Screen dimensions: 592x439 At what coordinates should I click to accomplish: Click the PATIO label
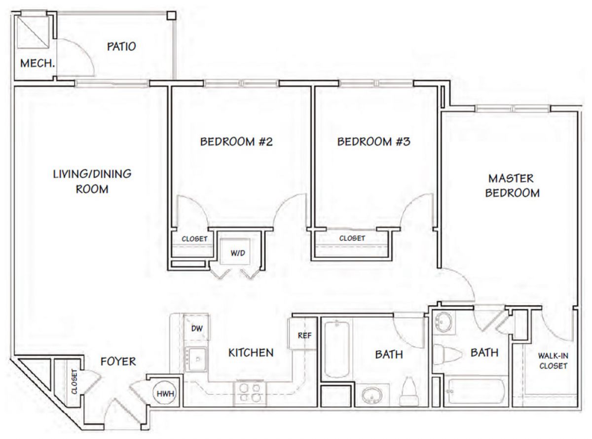point(121,47)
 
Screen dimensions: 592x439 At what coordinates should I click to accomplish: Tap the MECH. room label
point(37,64)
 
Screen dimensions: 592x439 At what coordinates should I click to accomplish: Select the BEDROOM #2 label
point(236,142)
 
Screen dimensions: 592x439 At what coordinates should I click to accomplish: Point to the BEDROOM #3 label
point(373,142)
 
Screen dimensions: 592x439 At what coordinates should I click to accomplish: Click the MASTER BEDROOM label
point(512,186)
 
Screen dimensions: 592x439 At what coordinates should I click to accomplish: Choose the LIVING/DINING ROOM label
point(92,182)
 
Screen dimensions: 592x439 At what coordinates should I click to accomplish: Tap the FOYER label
point(118,362)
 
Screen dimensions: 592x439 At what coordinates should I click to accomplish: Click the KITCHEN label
point(251,353)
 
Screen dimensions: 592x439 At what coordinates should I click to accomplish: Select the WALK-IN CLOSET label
point(553,361)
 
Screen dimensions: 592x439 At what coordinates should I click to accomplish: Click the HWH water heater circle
point(165,393)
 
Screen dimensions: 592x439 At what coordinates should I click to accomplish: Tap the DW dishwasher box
point(196,328)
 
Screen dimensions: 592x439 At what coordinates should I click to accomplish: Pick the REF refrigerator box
point(302,333)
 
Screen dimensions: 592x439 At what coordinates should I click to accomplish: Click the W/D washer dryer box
point(235,252)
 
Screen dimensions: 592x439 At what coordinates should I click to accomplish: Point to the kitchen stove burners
point(250,393)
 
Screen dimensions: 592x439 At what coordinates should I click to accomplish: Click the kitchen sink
point(196,359)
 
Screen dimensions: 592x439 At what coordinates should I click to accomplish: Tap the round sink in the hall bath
point(372,395)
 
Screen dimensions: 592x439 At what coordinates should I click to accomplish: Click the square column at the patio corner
point(171,15)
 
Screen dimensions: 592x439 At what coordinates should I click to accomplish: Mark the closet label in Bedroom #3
point(352,238)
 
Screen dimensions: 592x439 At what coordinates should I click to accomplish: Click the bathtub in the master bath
point(476,391)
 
